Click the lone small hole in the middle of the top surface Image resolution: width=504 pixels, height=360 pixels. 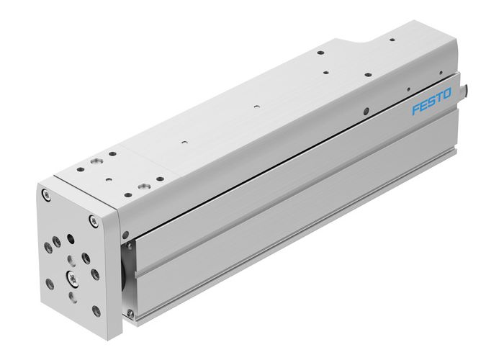[256, 107]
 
